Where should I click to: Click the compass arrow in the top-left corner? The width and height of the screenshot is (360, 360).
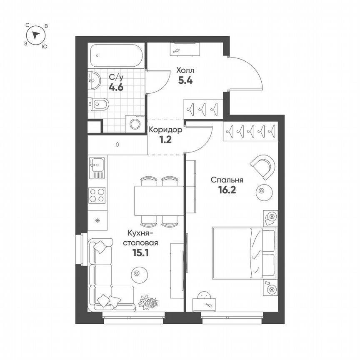click(x=37, y=35)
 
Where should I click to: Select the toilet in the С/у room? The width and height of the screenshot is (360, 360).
click(x=99, y=104)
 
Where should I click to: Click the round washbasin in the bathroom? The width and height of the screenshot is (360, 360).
click(x=94, y=80)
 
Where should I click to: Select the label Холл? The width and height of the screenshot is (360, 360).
click(x=185, y=70)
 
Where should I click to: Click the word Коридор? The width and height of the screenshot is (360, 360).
click(x=165, y=130)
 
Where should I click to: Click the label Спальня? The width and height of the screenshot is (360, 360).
click(x=227, y=180)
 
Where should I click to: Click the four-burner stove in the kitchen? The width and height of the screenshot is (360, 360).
click(x=97, y=195)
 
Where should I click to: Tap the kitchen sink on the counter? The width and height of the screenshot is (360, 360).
click(x=97, y=168)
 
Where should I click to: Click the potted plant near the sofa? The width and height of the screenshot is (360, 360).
click(x=149, y=301)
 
